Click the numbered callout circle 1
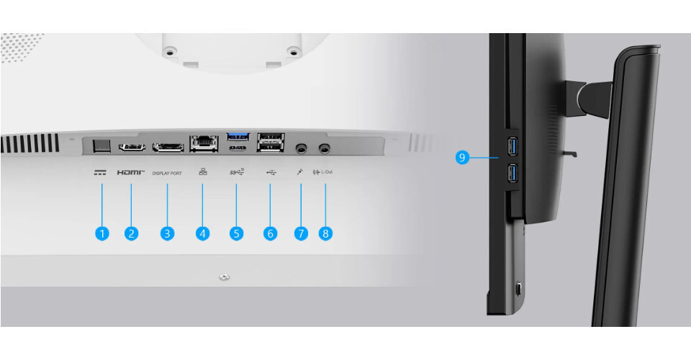tap(101, 233)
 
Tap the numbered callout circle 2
tap(131, 233)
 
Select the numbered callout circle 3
tap(167, 233)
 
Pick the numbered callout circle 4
tap(202, 233)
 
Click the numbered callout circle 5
tap(236, 233)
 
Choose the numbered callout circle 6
tap(270, 233)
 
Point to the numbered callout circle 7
tap(301, 233)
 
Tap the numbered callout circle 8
tap(325, 233)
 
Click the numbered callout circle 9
tap(462, 157)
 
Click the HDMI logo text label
tap(131, 172)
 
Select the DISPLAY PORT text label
tap(167, 174)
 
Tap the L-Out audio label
tap(327, 172)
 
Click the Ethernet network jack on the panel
tap(204, 144)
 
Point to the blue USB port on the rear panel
tap(238, 137)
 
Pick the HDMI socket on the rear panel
tap(132, 147)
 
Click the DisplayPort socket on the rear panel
tap(168, 147)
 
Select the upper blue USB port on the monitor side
tap(512, 147)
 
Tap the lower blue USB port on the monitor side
tap(512, 174)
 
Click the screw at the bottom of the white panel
tap(225, 277)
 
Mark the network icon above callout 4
tap(203, 172)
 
